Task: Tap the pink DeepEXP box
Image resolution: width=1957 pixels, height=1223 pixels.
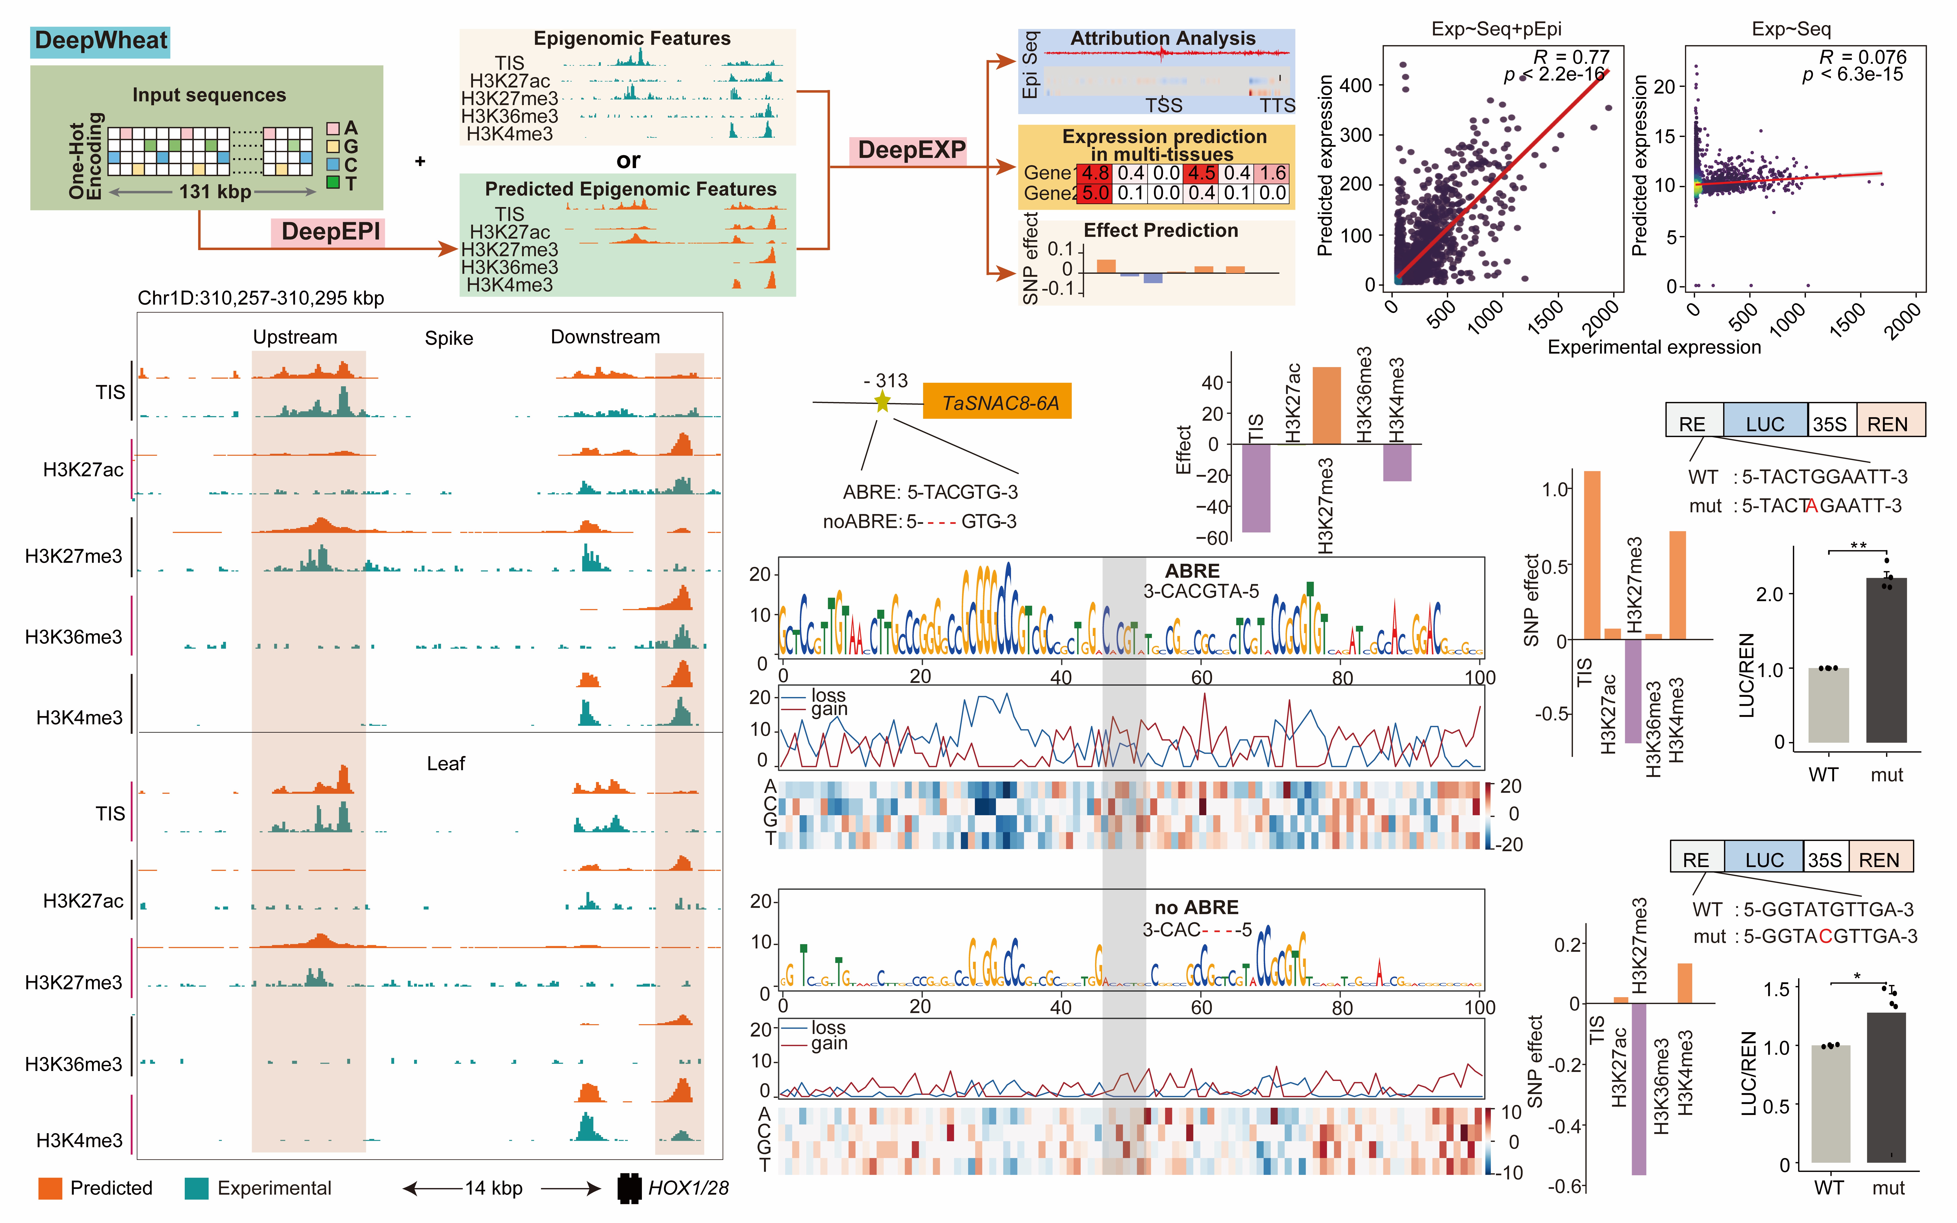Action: [x=911, y=150]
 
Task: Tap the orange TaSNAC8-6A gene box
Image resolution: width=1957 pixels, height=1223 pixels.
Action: [x=999, y=402]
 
